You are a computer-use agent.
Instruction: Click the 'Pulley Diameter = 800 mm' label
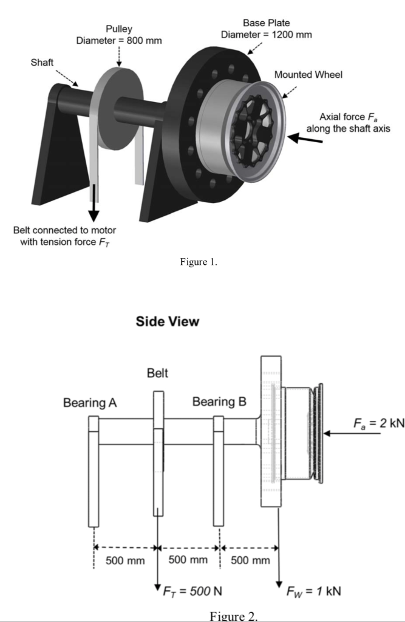pos(118,35)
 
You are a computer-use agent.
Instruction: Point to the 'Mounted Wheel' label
pos(308,75)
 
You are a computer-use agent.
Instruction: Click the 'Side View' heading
pos(168,322)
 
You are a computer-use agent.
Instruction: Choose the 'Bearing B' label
pos(219,402)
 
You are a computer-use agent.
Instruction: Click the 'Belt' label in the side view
pos(157,374)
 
